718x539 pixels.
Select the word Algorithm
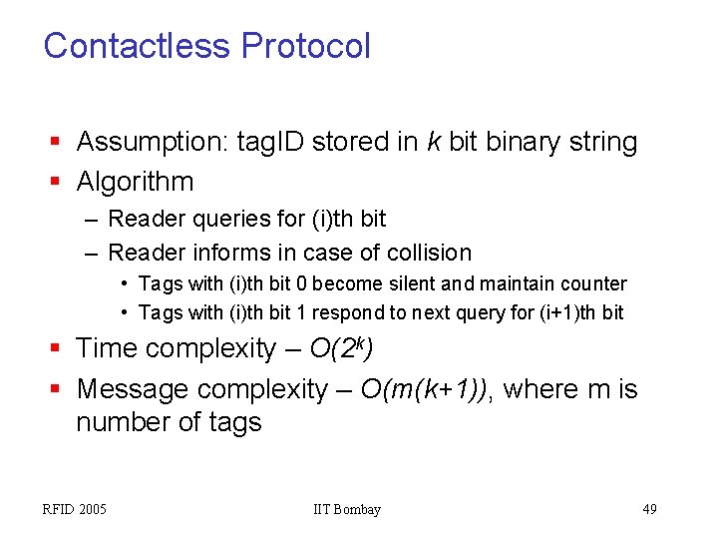135,182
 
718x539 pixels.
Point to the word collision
423,253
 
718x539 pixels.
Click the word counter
591,283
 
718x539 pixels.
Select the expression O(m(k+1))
427,388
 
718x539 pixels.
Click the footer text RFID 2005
74,510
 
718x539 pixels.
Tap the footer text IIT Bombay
346,510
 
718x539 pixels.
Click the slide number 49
649,510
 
